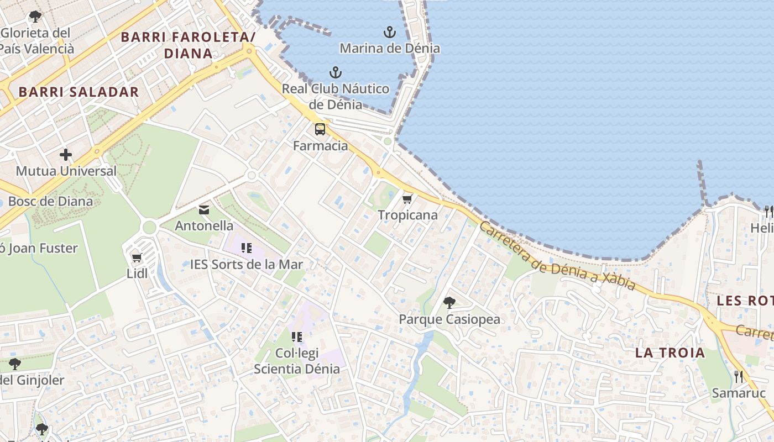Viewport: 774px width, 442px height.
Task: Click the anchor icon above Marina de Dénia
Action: (x=390, y=31)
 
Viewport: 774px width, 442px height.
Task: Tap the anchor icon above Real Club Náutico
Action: (x=335, y=72)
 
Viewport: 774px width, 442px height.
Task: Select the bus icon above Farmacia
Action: (x=320, y=129)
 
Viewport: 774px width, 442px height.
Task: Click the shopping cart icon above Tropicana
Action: (x=407, y=199)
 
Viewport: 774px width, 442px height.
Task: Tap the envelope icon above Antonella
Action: (x=204, y=209)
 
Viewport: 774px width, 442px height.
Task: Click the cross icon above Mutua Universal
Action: (x=66, y=155)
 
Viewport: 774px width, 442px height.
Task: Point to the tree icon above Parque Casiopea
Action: (x=449, y=302)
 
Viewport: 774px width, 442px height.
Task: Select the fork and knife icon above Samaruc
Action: (x=739, y=376)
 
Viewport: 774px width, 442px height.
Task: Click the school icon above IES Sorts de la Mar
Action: (x=247, y=248)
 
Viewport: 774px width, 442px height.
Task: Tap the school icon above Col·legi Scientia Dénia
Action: (x=297, y=336)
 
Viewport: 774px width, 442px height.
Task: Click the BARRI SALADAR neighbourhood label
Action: (x=79, y=92)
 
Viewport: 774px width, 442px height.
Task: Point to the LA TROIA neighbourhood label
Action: (x=670, y=352)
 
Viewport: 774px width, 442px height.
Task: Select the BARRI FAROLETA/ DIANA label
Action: (x=188, y=45)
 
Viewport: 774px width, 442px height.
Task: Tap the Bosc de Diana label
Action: (x=50, y=201)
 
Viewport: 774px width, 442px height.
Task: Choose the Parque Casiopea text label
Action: (x=449, y=319)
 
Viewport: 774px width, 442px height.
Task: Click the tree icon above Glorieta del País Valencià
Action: (x=35, y=17)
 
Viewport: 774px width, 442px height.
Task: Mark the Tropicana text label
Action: (x=407, y=215)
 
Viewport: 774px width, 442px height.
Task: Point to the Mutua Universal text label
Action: (x=66, y=171)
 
